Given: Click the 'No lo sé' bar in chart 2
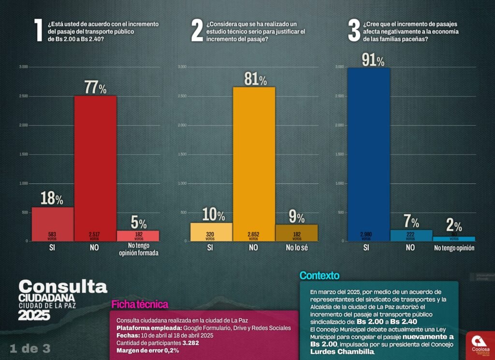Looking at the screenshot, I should [297, 233].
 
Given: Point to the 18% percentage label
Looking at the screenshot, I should [52, 199].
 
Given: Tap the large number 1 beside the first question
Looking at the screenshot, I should [39, 31].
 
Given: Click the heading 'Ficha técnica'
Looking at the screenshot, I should [140, 304].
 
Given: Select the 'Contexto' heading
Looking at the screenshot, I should [319, 276].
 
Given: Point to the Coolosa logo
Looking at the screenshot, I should [480, 344].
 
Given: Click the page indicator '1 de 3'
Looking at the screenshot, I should [30, 348].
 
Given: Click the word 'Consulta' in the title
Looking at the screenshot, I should [62, 286].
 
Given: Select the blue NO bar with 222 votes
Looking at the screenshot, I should [410, 235].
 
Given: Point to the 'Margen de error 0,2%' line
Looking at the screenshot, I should [147, 351].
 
